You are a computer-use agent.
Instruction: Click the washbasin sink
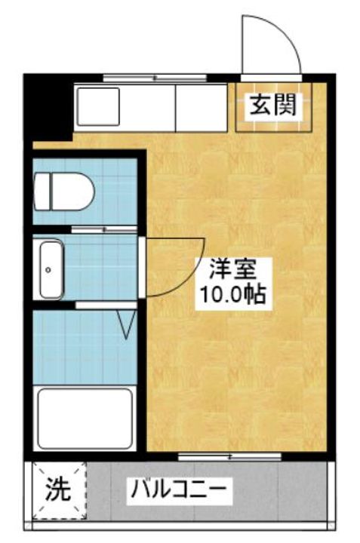51,269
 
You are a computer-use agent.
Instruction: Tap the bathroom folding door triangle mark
128,324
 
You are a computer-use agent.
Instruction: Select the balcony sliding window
229,456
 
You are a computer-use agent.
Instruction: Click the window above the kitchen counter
155,77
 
